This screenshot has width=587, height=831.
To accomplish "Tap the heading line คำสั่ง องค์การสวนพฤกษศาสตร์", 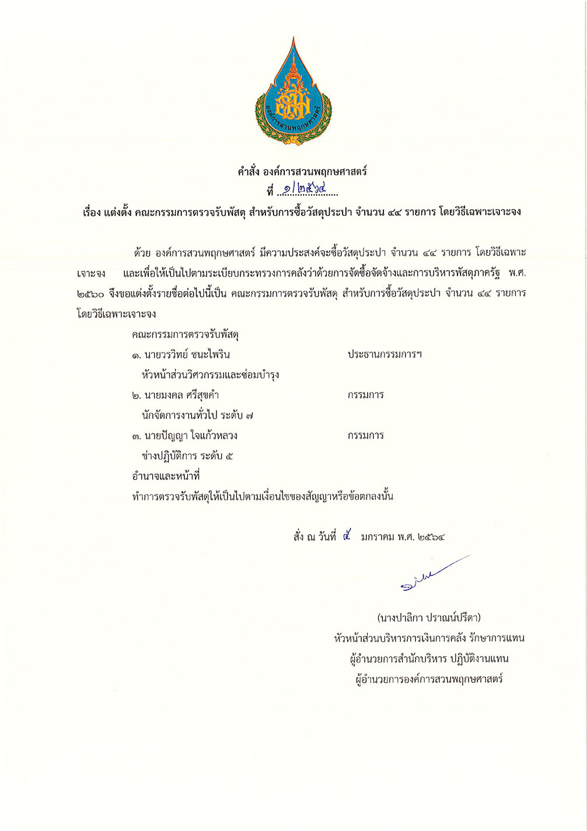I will pos(302,171).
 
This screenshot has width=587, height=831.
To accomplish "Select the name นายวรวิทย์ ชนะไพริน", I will pos(181,355).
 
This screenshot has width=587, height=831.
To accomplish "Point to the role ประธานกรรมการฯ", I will pos(385,355).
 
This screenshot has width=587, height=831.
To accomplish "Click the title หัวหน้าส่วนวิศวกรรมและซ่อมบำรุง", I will pos(210,374).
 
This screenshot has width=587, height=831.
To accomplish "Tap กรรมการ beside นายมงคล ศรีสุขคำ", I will pos(365,395).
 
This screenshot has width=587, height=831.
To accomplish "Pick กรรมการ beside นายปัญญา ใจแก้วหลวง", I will pos(365,436).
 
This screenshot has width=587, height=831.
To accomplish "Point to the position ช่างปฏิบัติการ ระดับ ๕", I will pos(187,456).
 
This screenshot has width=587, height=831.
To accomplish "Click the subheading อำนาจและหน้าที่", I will pos(166,476).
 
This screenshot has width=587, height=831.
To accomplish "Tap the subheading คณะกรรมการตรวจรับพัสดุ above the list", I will pos(186,335).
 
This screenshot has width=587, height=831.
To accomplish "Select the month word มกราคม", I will pos(378,537).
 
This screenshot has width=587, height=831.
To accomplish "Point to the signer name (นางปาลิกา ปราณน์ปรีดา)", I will pos(429,618).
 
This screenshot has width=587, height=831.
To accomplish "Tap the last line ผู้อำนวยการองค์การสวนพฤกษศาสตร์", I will pos(429,679).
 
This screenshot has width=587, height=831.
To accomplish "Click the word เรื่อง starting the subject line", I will pos(92,212).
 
